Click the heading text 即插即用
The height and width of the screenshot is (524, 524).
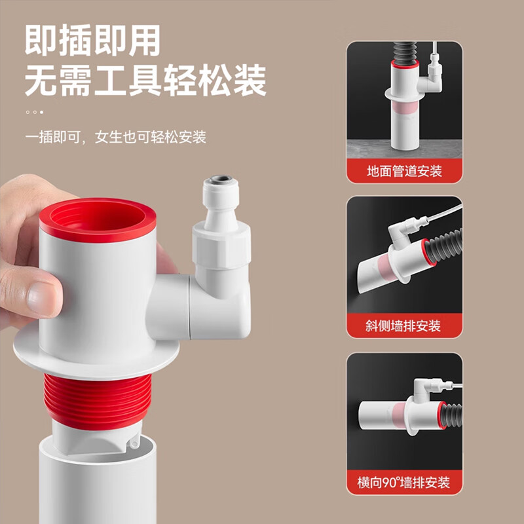click(x=92, y=42)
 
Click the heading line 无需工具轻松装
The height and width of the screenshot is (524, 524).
click(x=145, y=83)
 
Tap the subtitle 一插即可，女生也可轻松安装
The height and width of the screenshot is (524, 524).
click(x=115, y=137)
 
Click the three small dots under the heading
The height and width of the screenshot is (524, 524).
click(x=34, y=112)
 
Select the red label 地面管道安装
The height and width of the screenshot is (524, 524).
click(x=404, y=171)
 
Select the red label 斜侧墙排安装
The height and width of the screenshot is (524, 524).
click(x=404, y=326)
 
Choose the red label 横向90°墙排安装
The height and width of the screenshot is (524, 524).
click(x=404, y=483)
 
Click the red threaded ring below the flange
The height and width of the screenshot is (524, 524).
click(x=99, y=400)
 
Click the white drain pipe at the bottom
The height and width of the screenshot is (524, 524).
click(x=98, y=485)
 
